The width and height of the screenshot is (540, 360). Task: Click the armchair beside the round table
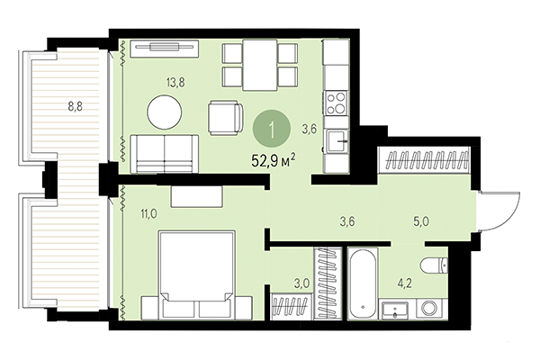click(225, 116)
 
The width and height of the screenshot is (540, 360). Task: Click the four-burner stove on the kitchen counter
click(337, 99)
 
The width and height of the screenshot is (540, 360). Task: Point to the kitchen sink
click(337, 139)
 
